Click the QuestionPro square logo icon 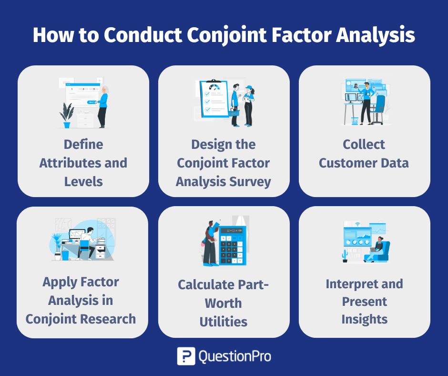tap(186, 356)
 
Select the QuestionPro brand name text tap(234, 356)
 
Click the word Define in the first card tap(83, 144)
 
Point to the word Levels tap(83, 181)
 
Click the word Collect tap(364, 144)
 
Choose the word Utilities tap(224, 322)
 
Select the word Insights tap(364, 319)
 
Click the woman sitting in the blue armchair tap(377, 249)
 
